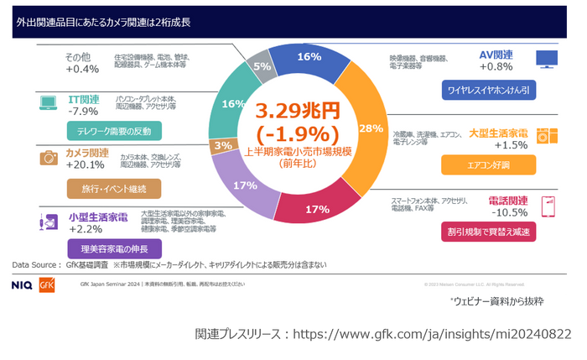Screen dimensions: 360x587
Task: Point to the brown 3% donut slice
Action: (223, 145)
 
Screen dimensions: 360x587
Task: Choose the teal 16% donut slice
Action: (229, 104)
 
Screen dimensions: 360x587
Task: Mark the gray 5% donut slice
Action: (262, 66)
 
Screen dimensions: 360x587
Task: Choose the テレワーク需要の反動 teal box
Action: (113, 131)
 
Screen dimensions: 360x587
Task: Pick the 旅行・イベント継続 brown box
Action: (113, 189)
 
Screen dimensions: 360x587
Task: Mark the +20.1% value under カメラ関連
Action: (86, 164)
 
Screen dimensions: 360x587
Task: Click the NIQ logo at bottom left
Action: (23, 284)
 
